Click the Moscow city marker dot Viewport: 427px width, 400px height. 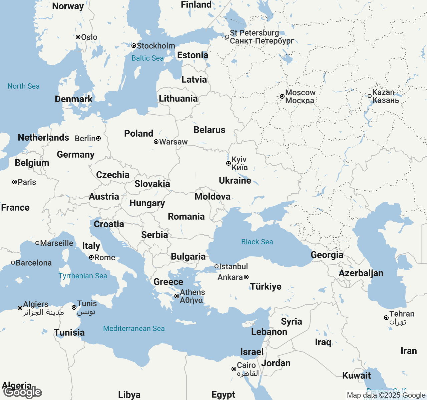[282, 96]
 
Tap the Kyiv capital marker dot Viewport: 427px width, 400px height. [229, 163]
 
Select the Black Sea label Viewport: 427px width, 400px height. [257, 242]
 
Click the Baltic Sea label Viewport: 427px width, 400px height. [147, 58]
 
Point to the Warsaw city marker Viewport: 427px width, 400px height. [156, 142]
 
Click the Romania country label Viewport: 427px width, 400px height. [186, 216]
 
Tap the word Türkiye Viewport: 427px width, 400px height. [266, 286]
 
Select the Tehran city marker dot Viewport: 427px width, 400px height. [386, 318]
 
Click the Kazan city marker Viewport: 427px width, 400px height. [370, 96]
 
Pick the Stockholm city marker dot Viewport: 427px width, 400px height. [134, 46]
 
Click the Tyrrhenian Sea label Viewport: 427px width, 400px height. [83, 276]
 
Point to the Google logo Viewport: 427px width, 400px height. [23, 392]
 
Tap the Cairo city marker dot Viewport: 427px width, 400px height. [234, 369]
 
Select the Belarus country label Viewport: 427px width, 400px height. [209, 130]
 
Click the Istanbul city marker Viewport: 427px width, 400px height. [217, 266]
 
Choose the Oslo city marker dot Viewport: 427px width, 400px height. [78, 37]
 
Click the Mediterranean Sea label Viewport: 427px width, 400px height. [134, 328]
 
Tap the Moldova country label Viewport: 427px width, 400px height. [212, 196]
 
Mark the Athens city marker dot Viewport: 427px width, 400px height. [177, 296]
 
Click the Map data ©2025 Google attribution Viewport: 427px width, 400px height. [386, 395]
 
